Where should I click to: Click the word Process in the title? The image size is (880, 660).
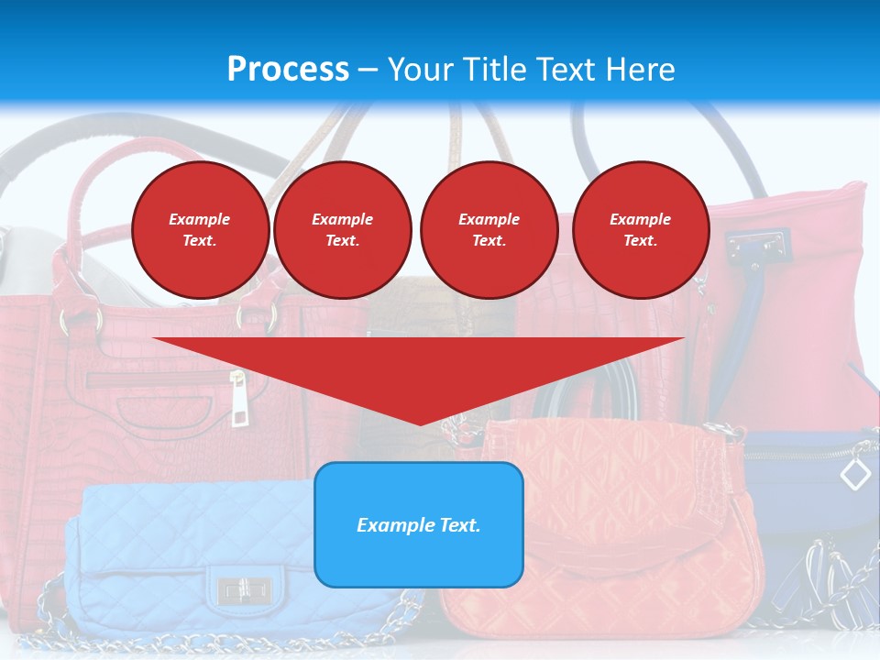pos(288,70)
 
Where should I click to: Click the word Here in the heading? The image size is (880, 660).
pos(638,70)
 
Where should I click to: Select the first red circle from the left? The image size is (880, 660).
pos(200,230)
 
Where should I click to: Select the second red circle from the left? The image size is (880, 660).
pos(342,230)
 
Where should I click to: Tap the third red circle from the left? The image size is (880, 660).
pos(489,230)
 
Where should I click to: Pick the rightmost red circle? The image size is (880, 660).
pos(640,230)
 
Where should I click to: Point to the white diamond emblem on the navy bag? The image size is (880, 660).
pos(855,474)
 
